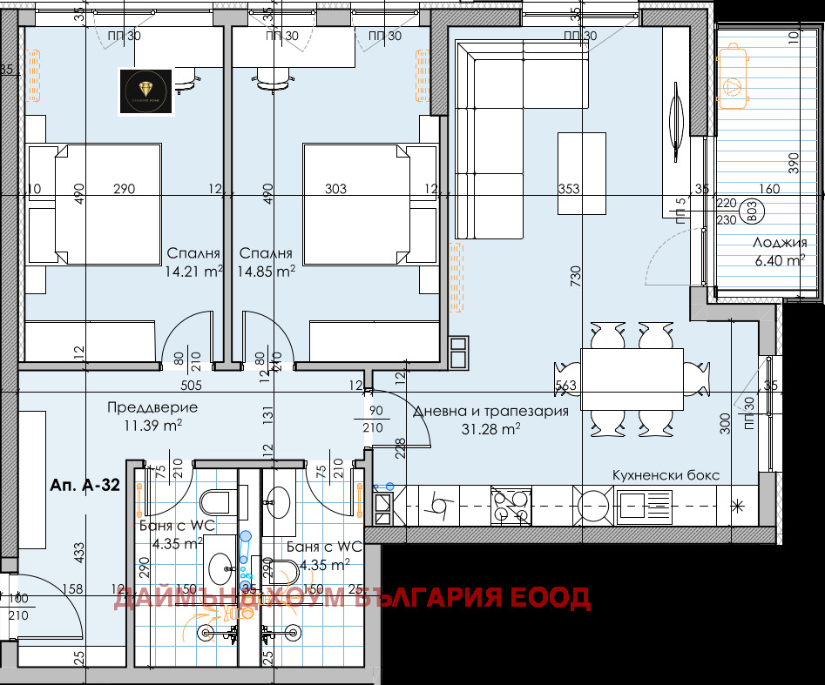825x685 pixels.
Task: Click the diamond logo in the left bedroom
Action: tap(147, 91)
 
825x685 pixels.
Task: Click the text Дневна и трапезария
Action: tap(490, 411)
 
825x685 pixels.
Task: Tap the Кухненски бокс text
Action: tap(678, 475)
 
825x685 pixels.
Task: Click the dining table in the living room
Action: tap(632, 380)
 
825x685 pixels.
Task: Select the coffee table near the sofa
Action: tap(582, 172)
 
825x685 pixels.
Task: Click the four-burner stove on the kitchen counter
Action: tap(511, 506)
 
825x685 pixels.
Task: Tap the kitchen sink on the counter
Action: tap(645, 506)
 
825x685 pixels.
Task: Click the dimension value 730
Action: tap(576, 277)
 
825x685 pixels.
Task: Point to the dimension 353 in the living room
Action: tap(568, 189)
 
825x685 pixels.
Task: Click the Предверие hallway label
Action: tap(152, 407)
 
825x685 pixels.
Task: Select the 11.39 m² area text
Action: tap(152, 425)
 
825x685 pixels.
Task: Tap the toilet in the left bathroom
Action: tap(213, 503)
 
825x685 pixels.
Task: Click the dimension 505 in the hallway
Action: tap(191, 384)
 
